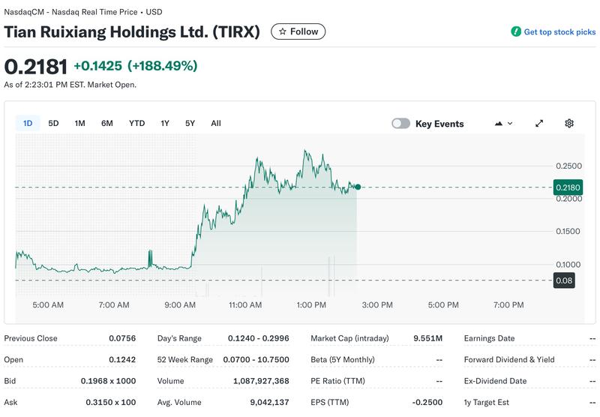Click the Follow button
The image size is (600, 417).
(x=298, y=31)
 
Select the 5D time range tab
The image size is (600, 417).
(x=53, y=123)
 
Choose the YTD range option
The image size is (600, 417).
(x=136, y=123)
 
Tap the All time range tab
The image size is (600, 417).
(x=216, y=123)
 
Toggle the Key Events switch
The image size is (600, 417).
(x=401, y=124)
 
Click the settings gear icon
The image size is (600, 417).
(x=569, y=123)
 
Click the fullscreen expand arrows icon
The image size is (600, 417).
(x=539, y=123)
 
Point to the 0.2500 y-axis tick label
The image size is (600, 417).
(x=568, y=166)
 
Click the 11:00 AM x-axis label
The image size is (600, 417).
(x=245, y=305)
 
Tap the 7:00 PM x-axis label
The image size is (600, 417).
(x=508, y=305)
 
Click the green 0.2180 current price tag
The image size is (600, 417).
(x=568, y=187)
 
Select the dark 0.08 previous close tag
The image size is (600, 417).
(x=563, y=280)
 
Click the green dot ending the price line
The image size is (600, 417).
(x=358, y=187)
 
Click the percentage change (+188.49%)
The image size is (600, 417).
(x=162, y=66)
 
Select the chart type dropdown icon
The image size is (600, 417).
(x=503, y=123)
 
